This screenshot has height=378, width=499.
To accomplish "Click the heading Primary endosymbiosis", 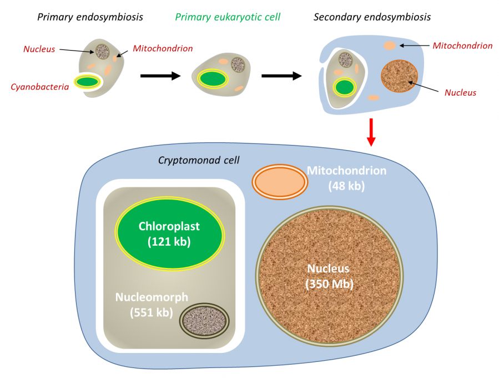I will coord(90,17).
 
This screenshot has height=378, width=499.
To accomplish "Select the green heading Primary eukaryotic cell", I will coord(228,17).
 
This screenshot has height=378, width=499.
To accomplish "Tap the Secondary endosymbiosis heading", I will coord(372,17).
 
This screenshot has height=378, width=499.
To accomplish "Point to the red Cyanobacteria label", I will coord(39,86).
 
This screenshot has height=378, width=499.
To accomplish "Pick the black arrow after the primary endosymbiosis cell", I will coord(160,76).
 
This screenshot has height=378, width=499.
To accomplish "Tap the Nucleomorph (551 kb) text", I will coord(152,304).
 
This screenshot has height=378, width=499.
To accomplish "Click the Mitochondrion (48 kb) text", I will coord(346,178).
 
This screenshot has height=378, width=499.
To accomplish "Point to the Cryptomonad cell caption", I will coord(199,161).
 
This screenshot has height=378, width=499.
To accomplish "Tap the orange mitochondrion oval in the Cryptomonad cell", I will coord(280,181).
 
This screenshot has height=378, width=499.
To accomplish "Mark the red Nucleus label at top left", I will coord(39,49).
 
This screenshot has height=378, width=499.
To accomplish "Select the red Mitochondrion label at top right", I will coord(462,46).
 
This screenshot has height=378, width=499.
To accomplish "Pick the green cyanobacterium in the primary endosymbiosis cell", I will coord(88,82).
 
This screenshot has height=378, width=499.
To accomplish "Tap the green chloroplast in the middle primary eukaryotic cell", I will coord(213,78).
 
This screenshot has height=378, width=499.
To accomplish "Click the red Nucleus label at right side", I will coord(460,92).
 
